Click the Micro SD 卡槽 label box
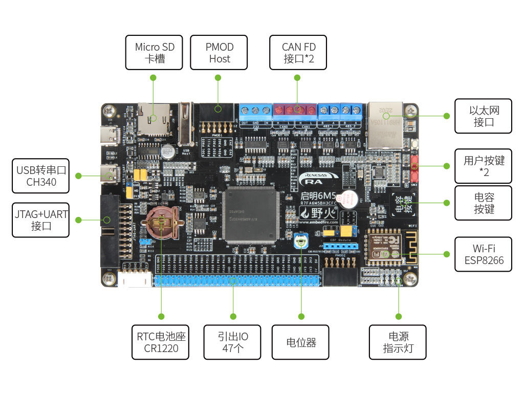154,52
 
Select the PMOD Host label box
219,52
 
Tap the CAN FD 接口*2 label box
298,52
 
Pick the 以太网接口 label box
484,116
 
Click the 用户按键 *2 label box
484,166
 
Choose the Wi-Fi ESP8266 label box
484,254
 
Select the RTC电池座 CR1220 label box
161,342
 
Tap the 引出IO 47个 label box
232,342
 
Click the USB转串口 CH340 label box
40,176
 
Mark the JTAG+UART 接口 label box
40,220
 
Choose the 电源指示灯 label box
398,342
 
